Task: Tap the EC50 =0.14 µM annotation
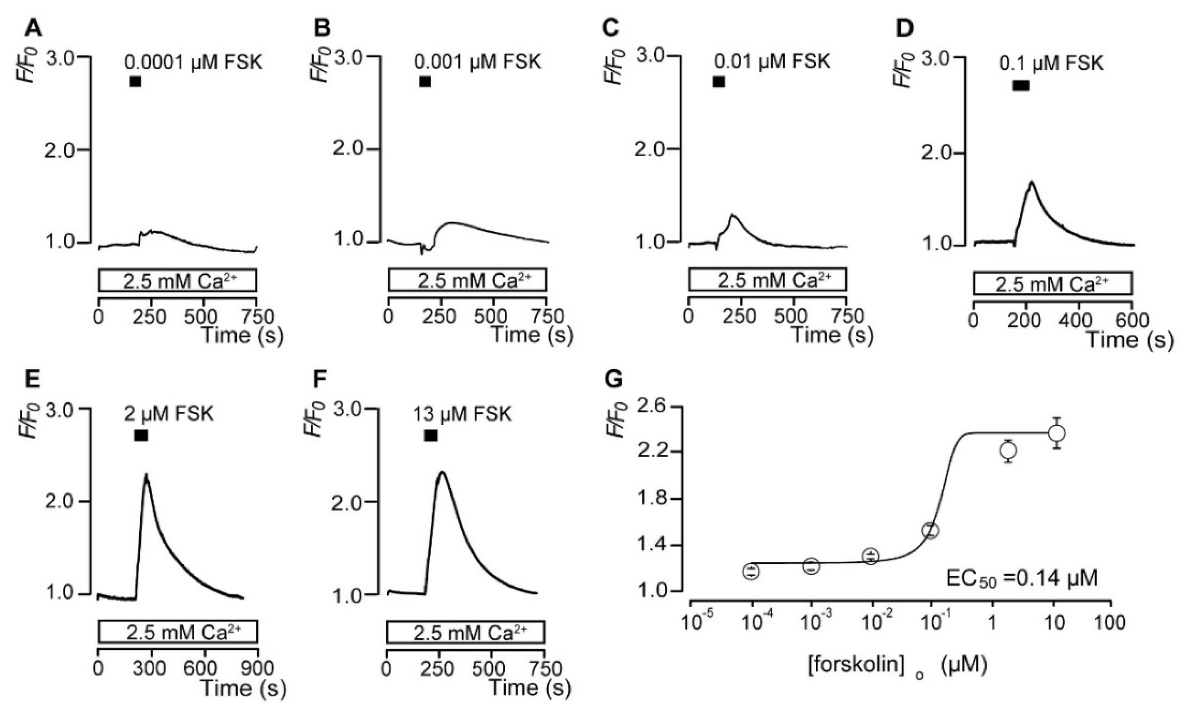(x=1021, y=578)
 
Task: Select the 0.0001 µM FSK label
(x=194, y=62)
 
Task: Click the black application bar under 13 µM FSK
(x=431, y=435)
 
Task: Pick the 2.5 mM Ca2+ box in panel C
(x=767, y=280)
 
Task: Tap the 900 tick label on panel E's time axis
(x=259, y=668)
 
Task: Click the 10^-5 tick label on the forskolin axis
(x=692, y=623)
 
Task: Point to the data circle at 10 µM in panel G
(x=1057, y=433)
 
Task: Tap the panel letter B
(x=322, y=29)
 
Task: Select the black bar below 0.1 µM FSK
(x=1021, y=85)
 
